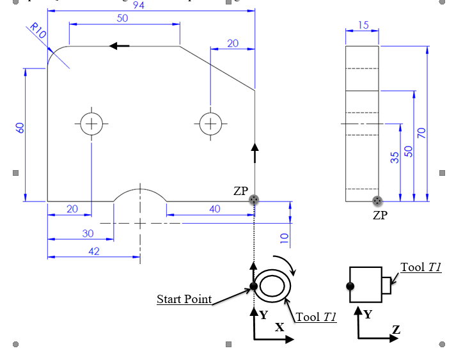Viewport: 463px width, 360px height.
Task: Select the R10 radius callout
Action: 38,33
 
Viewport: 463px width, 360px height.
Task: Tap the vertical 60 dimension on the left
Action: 20,128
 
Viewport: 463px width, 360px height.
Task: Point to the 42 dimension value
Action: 93,251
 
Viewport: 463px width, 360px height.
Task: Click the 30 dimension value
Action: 87,233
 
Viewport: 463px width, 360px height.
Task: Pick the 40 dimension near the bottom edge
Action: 215,209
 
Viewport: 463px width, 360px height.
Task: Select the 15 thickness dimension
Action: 363,25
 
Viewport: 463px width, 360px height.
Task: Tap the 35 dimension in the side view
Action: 395,157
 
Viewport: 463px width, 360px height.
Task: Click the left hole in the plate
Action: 91,123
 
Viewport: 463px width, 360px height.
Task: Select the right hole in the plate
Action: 210,123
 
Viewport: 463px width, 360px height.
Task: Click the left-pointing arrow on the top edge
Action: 119,46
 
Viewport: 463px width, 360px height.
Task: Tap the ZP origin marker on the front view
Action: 255,200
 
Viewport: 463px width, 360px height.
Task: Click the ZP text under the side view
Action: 380,215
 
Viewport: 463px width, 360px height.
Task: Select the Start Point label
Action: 184,299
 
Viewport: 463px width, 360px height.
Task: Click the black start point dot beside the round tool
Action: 253,286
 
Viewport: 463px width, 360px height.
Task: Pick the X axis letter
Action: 279,327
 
